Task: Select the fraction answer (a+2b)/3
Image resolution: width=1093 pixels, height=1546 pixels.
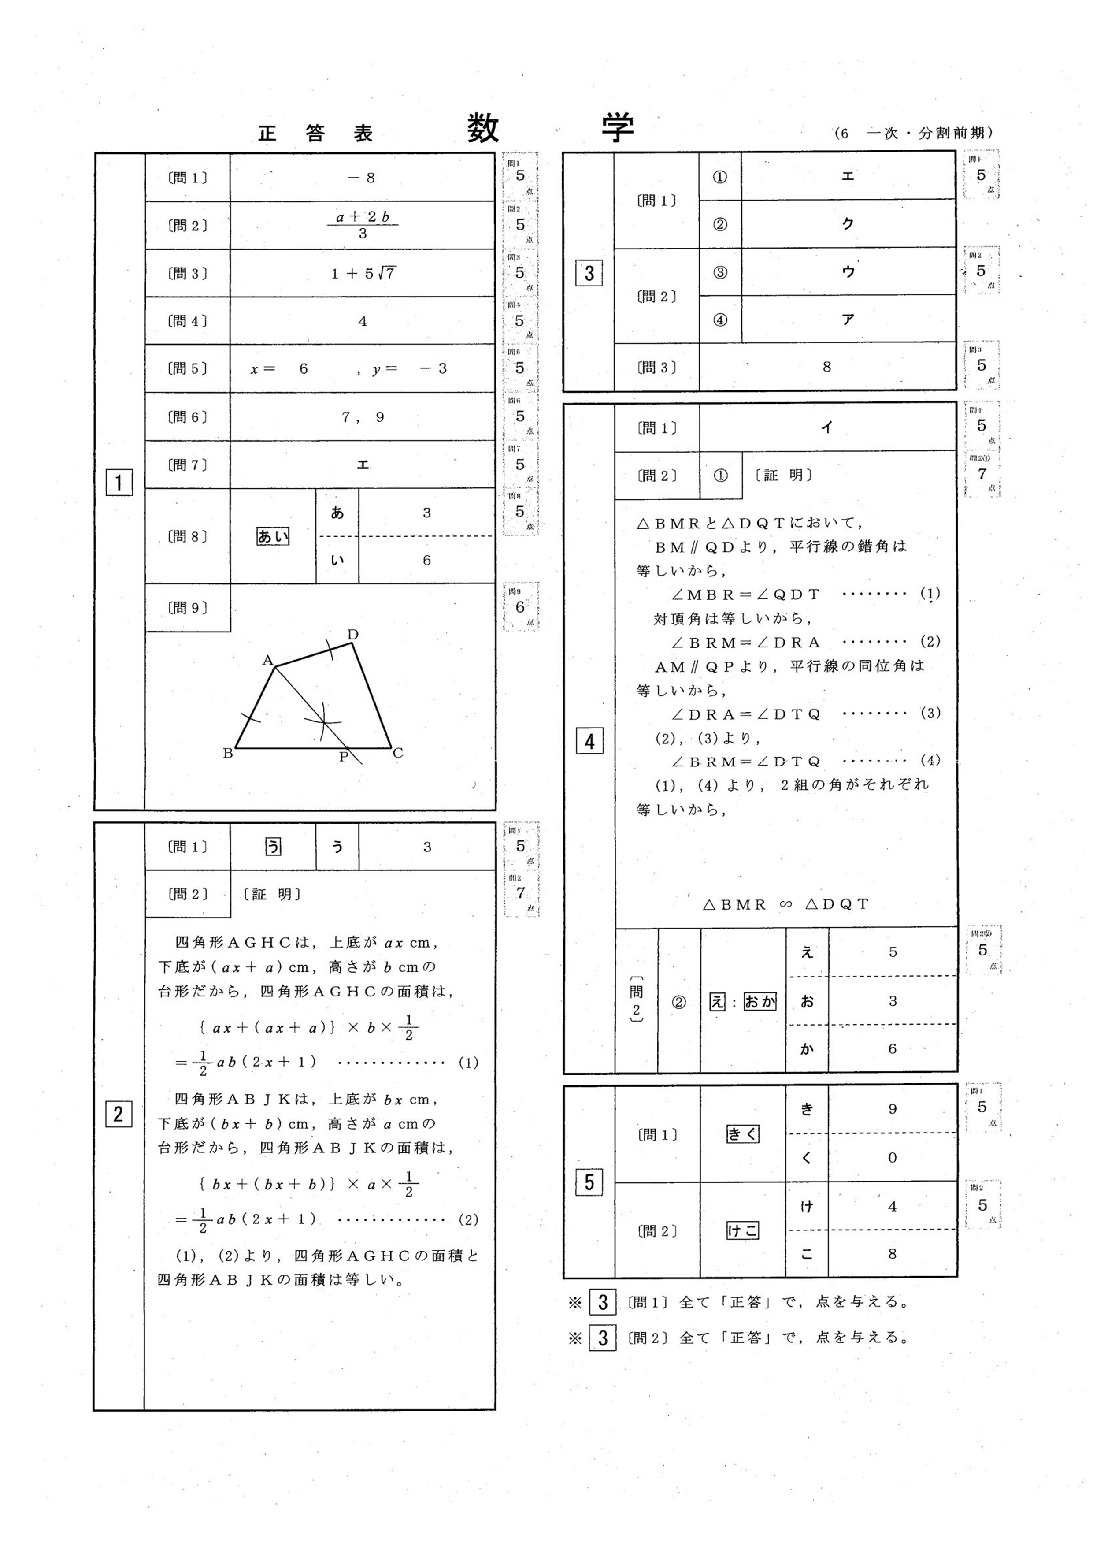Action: coord(363,225)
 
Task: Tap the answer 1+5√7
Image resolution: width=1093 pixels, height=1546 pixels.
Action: coord(363,273)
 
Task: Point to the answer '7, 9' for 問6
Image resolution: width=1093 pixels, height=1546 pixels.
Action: coord(363,417)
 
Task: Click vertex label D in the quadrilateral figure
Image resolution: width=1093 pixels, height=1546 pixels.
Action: coord(353,634)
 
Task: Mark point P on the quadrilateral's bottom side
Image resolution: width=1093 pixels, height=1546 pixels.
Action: coord(343,756)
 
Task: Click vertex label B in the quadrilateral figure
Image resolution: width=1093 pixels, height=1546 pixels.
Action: coord(228,754)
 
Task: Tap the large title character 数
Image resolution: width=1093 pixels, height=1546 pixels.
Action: coord(483,129)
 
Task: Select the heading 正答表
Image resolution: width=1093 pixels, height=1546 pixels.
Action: coord(315,134)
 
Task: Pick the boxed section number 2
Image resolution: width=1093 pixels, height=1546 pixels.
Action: coord(119,1115)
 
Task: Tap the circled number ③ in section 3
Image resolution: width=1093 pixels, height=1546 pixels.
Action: coord(720,272)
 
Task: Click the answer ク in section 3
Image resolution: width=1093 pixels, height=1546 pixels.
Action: coord(848,224)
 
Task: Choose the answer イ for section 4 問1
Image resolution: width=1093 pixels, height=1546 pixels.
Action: coord(827,427)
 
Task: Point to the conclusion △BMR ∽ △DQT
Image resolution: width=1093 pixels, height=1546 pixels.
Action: coord(785,904)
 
